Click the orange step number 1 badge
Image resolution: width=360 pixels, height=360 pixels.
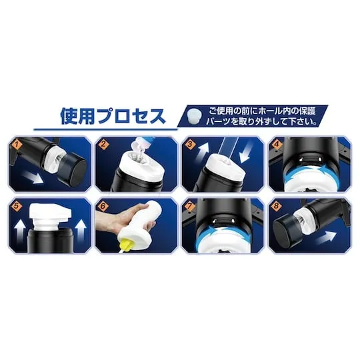(17, 145)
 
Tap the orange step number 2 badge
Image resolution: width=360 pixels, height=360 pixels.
(103, 145)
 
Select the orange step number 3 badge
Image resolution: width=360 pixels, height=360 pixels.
(190, 145)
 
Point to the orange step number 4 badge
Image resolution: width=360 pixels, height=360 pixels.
(277, 145)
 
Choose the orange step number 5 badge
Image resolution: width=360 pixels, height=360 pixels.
(17, 206)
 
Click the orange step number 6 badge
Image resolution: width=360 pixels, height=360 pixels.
(103, 206)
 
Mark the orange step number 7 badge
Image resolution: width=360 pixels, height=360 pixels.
(189, 206)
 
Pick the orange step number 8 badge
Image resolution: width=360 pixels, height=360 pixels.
(276, 206)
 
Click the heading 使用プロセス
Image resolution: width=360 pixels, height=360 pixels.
(113, 116)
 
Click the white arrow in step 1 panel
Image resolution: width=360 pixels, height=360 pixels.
(33, 177)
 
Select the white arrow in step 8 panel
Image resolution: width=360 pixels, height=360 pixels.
(326, 238)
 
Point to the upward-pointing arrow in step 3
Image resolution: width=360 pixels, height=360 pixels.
(203, 151)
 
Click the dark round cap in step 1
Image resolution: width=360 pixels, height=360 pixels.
(72, 169)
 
